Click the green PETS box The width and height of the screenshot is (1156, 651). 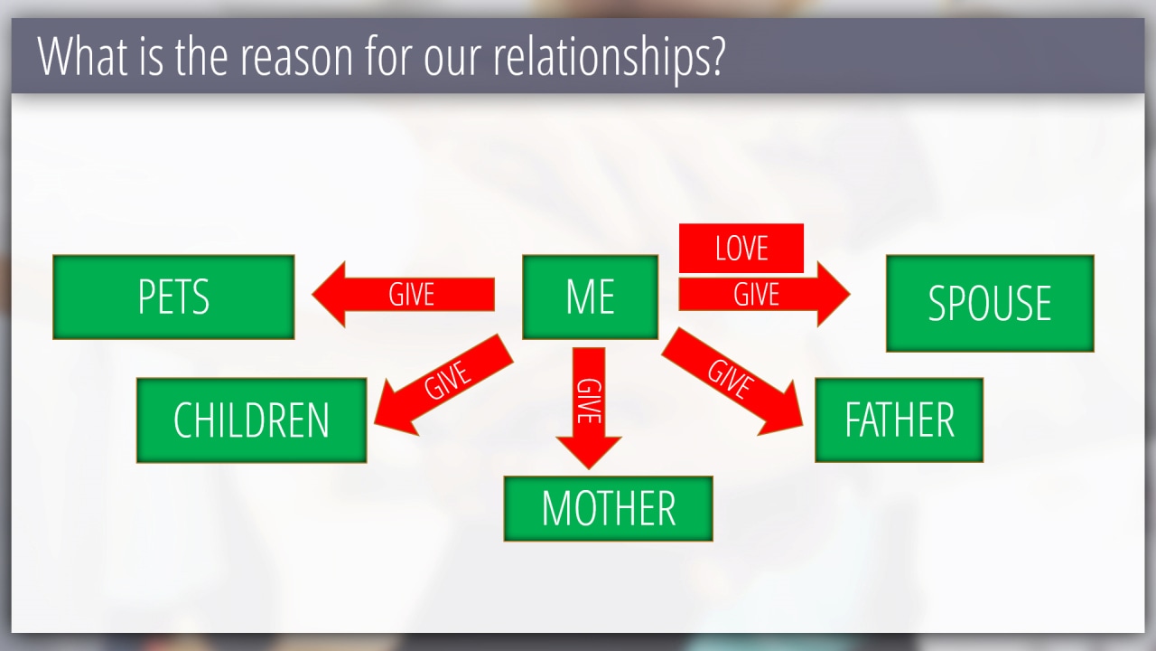pos(173,297)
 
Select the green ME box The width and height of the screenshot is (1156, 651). pos(591,297)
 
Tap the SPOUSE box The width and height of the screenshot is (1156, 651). pos(990,303)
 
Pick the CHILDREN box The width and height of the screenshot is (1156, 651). pos(251,420)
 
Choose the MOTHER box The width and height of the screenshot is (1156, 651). pos(609,509)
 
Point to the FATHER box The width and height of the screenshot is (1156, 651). pos(899,420)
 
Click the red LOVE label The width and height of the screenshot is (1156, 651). pos(741,248)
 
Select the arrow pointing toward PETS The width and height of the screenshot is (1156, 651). pos(403,295)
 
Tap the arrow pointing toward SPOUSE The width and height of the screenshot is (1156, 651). pos(764,295)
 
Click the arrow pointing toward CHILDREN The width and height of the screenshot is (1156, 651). pos(443,385)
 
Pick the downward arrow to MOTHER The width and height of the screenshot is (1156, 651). pos(589,408)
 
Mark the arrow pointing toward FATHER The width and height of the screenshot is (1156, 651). pos(732,382)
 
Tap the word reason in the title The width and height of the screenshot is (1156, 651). pos(296,57)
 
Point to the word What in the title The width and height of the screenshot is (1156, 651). pos(82,56)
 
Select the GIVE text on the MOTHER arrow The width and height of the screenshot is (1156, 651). pos(589,401)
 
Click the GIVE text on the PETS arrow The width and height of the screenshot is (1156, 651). pos(411,295)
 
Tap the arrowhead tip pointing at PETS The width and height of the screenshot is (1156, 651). pos(312,295)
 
